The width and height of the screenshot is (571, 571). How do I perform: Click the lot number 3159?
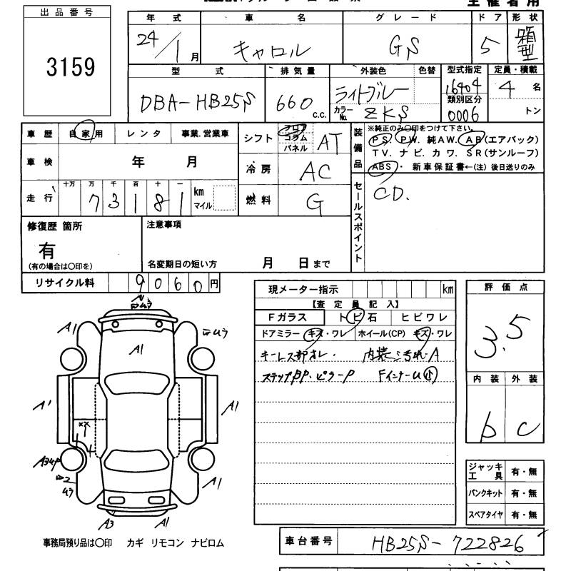pyautogui.click(x=70, y=68)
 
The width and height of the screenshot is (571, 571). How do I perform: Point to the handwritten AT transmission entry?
pyautogui.click(x=328, y=143)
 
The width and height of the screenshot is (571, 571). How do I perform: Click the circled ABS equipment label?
pyautogui.click(x=380, y=167)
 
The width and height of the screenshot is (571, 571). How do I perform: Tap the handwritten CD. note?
pyautogui.click(x=392, y=193)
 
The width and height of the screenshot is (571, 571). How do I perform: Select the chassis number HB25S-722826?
pyautogui.click(x=449, y=545)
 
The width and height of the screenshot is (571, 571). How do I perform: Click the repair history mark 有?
pyautogui.click(x=47, y=251)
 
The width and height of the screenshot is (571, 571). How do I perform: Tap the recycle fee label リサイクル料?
pyautogui.click(x=65, y=283)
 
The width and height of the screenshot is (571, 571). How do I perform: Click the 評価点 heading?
pyautogui.click(x=505, y=287)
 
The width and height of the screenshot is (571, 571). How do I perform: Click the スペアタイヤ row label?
pyautogui.click(x=485, y=514)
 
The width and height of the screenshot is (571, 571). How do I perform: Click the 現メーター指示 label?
pyautogui.click(x=303, y=289)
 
